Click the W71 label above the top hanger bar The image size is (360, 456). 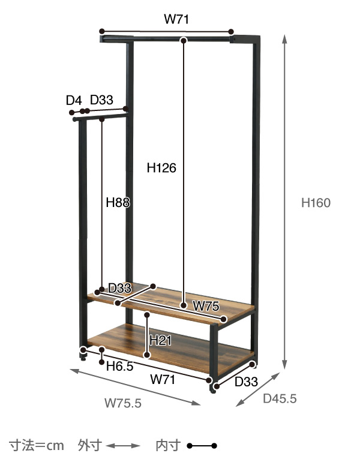tap(176, 19)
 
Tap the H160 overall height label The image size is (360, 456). tap(316, 203)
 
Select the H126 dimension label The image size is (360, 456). tap(161, 168)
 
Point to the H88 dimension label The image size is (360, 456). tap(118, 202)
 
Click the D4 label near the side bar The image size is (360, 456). tap(74, 101)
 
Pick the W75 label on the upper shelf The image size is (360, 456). tap(206, 306)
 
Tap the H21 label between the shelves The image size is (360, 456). tap(160, 340)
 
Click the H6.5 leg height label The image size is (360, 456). tap(119, 366)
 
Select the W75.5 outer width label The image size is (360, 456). tap(123, 403)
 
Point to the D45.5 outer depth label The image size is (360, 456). tap(280, 398)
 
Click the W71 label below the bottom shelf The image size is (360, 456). tap(163, 380)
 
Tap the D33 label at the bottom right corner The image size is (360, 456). tap(246, 382)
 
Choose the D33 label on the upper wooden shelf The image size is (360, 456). tap(119, 288)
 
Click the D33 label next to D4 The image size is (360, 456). tap(101, 100)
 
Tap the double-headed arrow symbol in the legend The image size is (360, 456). tap(123, 446)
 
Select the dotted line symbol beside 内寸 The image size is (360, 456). tap(202, 446)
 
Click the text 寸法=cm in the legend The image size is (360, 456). tap(37, 446)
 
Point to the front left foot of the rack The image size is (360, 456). tap(83, 357)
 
